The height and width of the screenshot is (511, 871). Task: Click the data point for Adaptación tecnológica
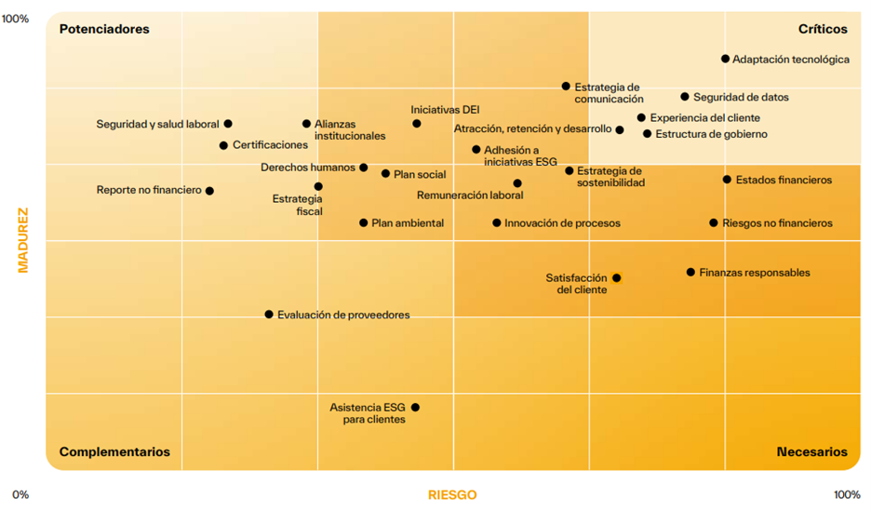click(x=726, y=59)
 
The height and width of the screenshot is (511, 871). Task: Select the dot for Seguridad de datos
click(x=685, y=97)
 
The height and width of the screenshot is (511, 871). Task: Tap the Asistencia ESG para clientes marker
click(x=415, y=408)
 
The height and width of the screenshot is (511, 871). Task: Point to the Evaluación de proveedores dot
click(x=269, y=315)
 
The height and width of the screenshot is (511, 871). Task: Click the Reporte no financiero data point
click(x=209, y=191)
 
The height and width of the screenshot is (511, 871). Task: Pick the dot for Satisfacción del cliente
click(x=616, y=277)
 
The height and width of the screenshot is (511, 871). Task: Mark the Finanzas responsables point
click(x=690, y=273)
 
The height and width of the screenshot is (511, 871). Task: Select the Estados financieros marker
click(x=727, y=180)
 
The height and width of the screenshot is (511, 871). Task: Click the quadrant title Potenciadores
click(x=104, y=29)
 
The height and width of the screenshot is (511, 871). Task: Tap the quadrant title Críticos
click(x=823, y=29)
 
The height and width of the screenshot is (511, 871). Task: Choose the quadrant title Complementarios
click(x=114, y=451)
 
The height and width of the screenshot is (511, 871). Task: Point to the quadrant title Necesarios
click(x=811, y=451)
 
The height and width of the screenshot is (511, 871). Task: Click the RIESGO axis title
click(x=452, y=494)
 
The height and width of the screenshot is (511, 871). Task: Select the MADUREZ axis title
click(x=23, y=240)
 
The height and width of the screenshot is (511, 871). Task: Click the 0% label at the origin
click(x=20, y=494)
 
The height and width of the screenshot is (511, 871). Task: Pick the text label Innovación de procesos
click(x=562, y=223)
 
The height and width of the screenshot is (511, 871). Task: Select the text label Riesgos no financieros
click(x=777, y=223)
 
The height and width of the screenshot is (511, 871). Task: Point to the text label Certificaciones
click(x=270, y=145)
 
